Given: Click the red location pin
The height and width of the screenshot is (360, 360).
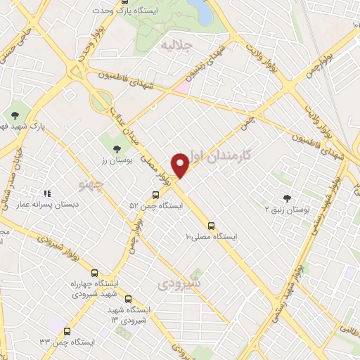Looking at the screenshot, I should (x=182, y=165).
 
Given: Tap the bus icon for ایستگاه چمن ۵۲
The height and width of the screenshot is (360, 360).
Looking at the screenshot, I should (x=155, y=195).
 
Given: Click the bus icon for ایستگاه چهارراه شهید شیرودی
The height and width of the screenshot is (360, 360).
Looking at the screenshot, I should (x=96, y=272).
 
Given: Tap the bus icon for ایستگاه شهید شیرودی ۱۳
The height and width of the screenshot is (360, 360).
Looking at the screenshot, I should (x=127, y=299).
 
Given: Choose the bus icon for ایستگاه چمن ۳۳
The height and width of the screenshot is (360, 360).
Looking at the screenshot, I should (x=67, y=331).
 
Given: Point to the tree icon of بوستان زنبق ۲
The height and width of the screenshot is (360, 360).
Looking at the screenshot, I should (x=286, y=198).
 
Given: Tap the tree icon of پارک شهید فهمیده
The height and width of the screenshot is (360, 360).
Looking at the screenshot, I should (x=16, y=115).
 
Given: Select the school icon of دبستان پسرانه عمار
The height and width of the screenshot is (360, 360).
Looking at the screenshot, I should (x=47, y=193).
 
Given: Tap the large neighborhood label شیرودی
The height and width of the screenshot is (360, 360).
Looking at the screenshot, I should (x=180, y=283).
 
